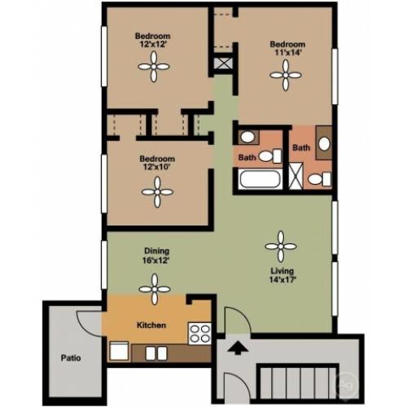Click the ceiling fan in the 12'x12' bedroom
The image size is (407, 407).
(154, 67)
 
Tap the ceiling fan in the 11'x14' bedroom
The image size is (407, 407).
(286, 75)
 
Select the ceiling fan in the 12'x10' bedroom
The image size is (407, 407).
(157, 192)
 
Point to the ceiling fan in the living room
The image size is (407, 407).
(281, 247)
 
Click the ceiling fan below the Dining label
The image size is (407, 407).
(155, 289)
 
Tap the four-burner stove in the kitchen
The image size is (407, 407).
(200, 334)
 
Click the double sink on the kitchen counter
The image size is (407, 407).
(156, 353)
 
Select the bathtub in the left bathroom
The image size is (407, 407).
(260, 178)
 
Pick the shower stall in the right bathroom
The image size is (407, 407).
(295, 176)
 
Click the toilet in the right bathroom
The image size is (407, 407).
(320, 179)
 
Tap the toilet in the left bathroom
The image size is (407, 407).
(270, 156)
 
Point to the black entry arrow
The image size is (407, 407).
(238, 348)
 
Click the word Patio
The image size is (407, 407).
(71, 358)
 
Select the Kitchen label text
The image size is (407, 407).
(151, 325)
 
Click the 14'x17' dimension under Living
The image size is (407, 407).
(282, 279)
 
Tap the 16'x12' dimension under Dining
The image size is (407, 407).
(156, 260)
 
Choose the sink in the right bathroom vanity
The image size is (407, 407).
(324, 144)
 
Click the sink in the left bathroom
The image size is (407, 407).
(247, 138)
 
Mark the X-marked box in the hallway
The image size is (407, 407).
(223, 63)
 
